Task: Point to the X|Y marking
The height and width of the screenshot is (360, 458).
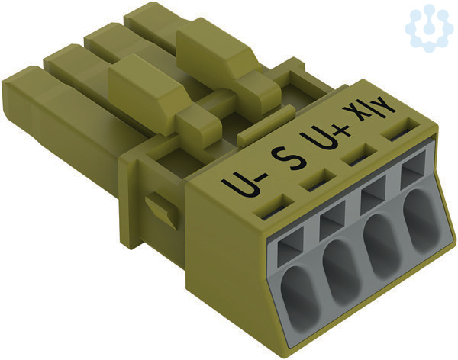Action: coord(369,111)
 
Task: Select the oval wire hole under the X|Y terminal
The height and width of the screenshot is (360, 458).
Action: coord(421,220)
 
